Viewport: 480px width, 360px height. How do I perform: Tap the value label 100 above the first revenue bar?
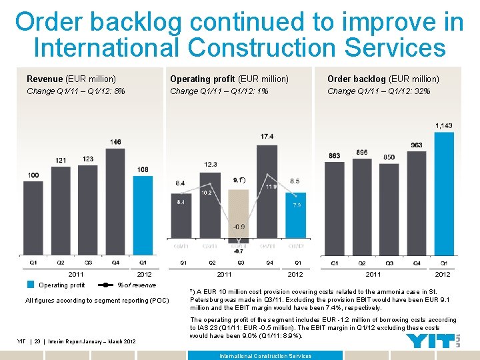(33, 175)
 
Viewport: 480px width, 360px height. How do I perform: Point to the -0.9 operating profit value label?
(238, 227)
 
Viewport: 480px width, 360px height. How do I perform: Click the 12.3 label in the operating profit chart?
(211, 164)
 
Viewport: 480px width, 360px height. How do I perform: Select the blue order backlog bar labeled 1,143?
(444, 193)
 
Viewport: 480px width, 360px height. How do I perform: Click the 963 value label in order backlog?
(417, 145)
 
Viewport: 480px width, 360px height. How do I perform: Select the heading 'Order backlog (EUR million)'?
(383, 79)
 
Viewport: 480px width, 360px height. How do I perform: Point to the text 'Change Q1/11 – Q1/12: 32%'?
(378, 91)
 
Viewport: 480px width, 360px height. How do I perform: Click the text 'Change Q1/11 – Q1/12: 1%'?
(219, 91)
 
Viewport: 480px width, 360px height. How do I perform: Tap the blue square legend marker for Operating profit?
(30, 285)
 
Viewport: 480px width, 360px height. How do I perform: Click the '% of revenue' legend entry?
(136, 285)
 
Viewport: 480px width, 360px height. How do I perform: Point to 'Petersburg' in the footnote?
(210, 299)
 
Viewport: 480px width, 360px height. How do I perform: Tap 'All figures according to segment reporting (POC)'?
(97, 301)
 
